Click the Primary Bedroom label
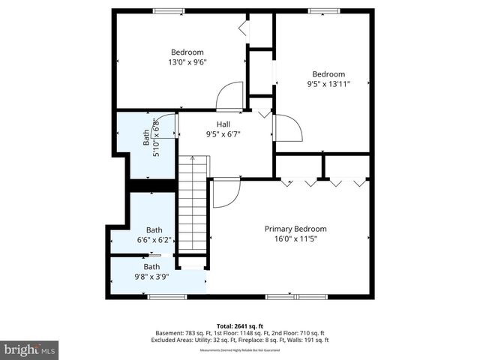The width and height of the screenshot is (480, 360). tap(295, 229)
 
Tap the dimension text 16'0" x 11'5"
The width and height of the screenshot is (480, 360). tap(295, 240)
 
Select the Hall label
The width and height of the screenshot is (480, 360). tap(223, 124)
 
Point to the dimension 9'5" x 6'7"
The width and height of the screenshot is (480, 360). tap(223, 135)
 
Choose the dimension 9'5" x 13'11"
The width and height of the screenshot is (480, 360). tap(328, 85)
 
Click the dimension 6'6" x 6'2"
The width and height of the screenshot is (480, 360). tap(154, 241)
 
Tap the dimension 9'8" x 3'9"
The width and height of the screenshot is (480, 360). tap(151, 277)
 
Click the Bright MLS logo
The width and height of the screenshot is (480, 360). tap(30, 349)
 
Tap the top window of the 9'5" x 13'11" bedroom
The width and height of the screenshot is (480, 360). tap(323, 10)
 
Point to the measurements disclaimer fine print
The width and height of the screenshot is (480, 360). tap(239, 350)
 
